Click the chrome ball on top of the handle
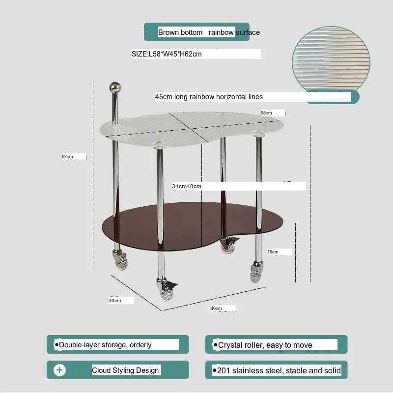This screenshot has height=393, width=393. click(x=115, y=87)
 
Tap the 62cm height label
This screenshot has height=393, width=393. click(x=67, y=157)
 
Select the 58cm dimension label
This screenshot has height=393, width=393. click(x=266, y=113)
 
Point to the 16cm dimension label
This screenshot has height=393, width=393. click(x=273, y=252)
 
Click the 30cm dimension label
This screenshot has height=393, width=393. click(x=115, y=300)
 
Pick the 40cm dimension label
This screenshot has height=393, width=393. click(x=216, y=309)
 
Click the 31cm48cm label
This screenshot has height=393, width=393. click(x=187, y=186)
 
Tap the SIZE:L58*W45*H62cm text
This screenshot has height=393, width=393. click(x=167, y=54)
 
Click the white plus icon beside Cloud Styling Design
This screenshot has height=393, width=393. click(x=59, y=370)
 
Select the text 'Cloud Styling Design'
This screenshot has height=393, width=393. click(x=125, y=370)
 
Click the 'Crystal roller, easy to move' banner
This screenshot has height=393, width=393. click(x=276, y=344)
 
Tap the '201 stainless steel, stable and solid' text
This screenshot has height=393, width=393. click(x=279, y=370)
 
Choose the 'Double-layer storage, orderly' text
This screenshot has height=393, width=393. click(x=105, y=345)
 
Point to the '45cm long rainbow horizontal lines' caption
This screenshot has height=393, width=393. click(x=209, y=97)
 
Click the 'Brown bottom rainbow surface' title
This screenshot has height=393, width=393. click(x=209, y=32)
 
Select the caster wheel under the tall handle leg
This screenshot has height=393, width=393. click(x=120, y=260)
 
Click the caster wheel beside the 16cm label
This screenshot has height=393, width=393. click(x=256, y=272)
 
